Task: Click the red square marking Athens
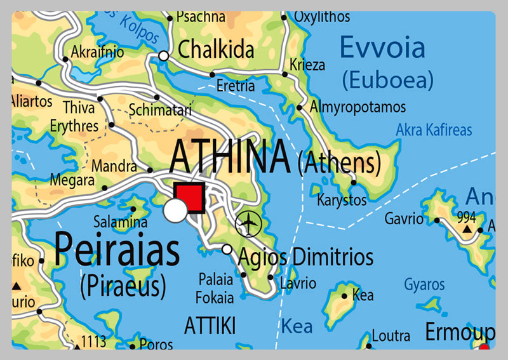click(188, 197)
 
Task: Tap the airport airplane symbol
click(248, 223)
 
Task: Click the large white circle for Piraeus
click(175, 211)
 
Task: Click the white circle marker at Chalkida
click(163, 57)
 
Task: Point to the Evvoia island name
click(382, 48)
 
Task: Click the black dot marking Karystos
click(354, 183)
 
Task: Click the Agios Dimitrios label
click(305, 257)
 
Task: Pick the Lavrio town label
click(298, 283)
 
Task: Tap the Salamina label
click(121, 222)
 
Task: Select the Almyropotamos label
click(358, 107)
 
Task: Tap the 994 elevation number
click(467, 217)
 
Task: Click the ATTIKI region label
click(210, 326)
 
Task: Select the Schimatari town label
click(160, 110)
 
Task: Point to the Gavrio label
click(404, 219)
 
